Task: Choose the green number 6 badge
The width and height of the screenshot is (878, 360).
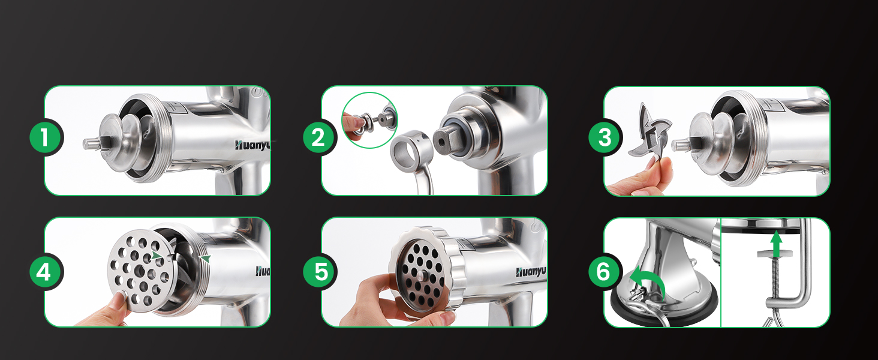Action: (x=604, y=272)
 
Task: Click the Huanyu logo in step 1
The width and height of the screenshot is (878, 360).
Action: (x=252, y=144)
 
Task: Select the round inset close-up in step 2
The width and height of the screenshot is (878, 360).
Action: (x=370, y=120)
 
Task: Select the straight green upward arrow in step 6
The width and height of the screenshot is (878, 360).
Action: (x=776, y=243)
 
